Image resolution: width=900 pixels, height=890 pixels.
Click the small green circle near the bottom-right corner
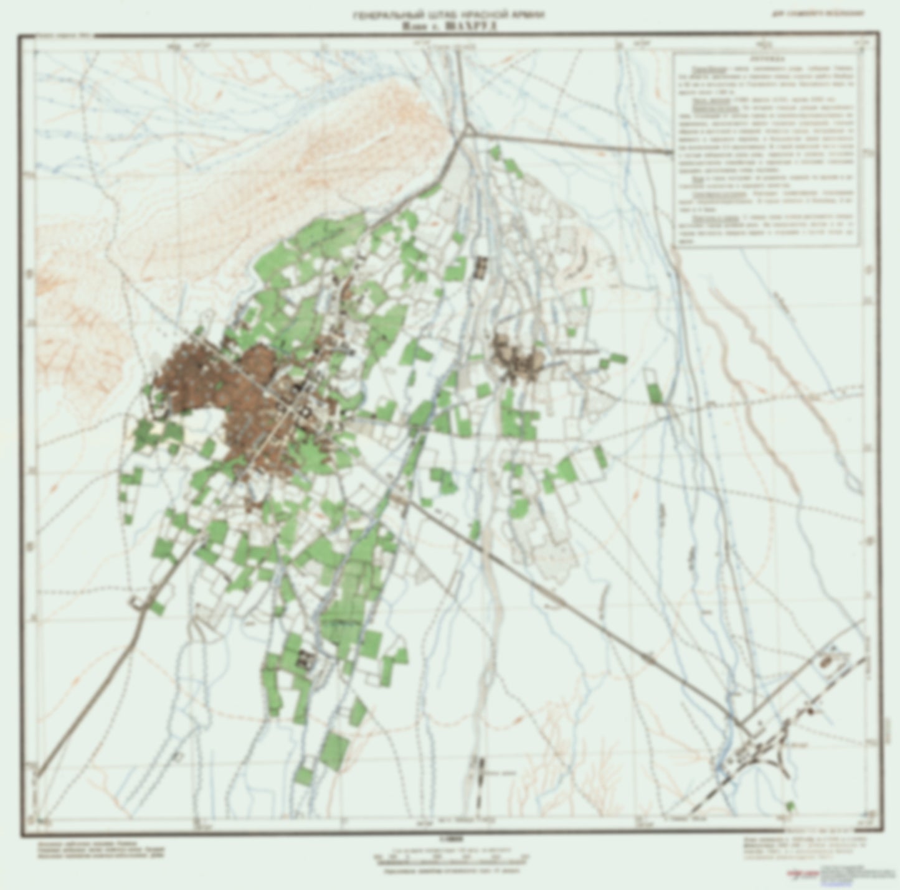791,807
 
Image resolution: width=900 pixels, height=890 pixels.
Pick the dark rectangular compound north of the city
480,267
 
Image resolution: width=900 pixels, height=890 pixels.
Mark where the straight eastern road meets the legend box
673,151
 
